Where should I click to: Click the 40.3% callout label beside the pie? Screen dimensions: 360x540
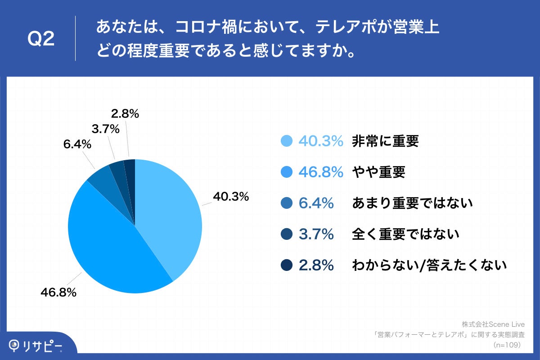231,197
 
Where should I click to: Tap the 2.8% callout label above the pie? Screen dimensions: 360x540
125,114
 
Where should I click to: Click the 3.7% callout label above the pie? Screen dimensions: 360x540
105,129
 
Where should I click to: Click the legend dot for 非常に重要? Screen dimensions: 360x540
287,141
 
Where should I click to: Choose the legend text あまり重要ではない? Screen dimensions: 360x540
412,203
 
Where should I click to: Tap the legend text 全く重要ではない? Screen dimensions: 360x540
405,234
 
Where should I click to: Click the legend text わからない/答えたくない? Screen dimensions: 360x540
429,265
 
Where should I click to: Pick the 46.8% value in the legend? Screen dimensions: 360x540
321,172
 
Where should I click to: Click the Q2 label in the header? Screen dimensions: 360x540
41,39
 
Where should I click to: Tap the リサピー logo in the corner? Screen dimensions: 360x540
36,346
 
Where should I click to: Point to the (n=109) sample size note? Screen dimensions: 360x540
507,345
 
